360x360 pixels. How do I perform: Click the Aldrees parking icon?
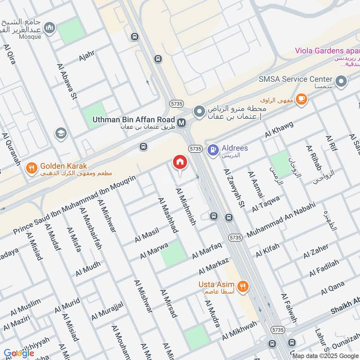click(213, 148)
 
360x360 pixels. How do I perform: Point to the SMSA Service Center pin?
click(342, 82)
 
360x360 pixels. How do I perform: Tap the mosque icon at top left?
click(50, 28)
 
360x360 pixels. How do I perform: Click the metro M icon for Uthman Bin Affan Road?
click(182, 122)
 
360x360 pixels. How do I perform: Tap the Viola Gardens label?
click(327, 50)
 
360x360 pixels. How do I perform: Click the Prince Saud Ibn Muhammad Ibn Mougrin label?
click(74, 205)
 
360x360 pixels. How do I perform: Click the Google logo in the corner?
click(19, 353)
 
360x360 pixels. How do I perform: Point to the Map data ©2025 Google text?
click(325, 355)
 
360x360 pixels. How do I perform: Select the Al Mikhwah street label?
click(239, 331)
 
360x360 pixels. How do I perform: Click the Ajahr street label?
click(86, 58)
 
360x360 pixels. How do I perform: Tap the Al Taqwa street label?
click(265, 203)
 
